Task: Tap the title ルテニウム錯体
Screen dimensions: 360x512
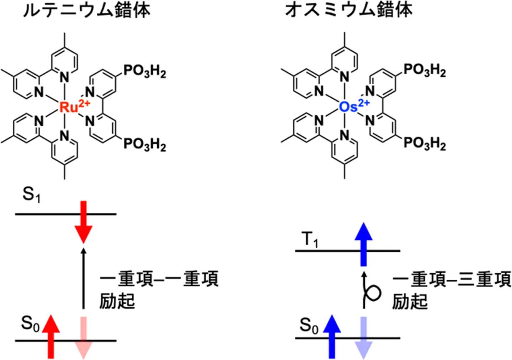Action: point(86,10)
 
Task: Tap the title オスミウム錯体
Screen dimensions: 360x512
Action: point(349,10)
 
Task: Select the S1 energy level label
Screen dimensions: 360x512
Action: point(31,195)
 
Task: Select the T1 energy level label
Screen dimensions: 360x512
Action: point(311,241)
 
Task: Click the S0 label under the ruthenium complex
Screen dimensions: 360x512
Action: point(30,324)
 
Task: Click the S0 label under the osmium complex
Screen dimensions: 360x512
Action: point(309,326)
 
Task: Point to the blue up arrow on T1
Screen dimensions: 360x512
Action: point(363,244)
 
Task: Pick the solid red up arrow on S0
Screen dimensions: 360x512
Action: point(51,336)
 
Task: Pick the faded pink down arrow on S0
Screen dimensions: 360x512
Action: point(84,337)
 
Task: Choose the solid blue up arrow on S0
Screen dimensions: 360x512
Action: point(332,336)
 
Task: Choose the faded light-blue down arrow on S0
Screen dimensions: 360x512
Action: point(363,337)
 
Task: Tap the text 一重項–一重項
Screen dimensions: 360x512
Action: point(159,279)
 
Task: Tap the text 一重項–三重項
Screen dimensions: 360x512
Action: point(452,279)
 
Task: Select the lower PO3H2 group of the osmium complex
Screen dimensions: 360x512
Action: point(425,143)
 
